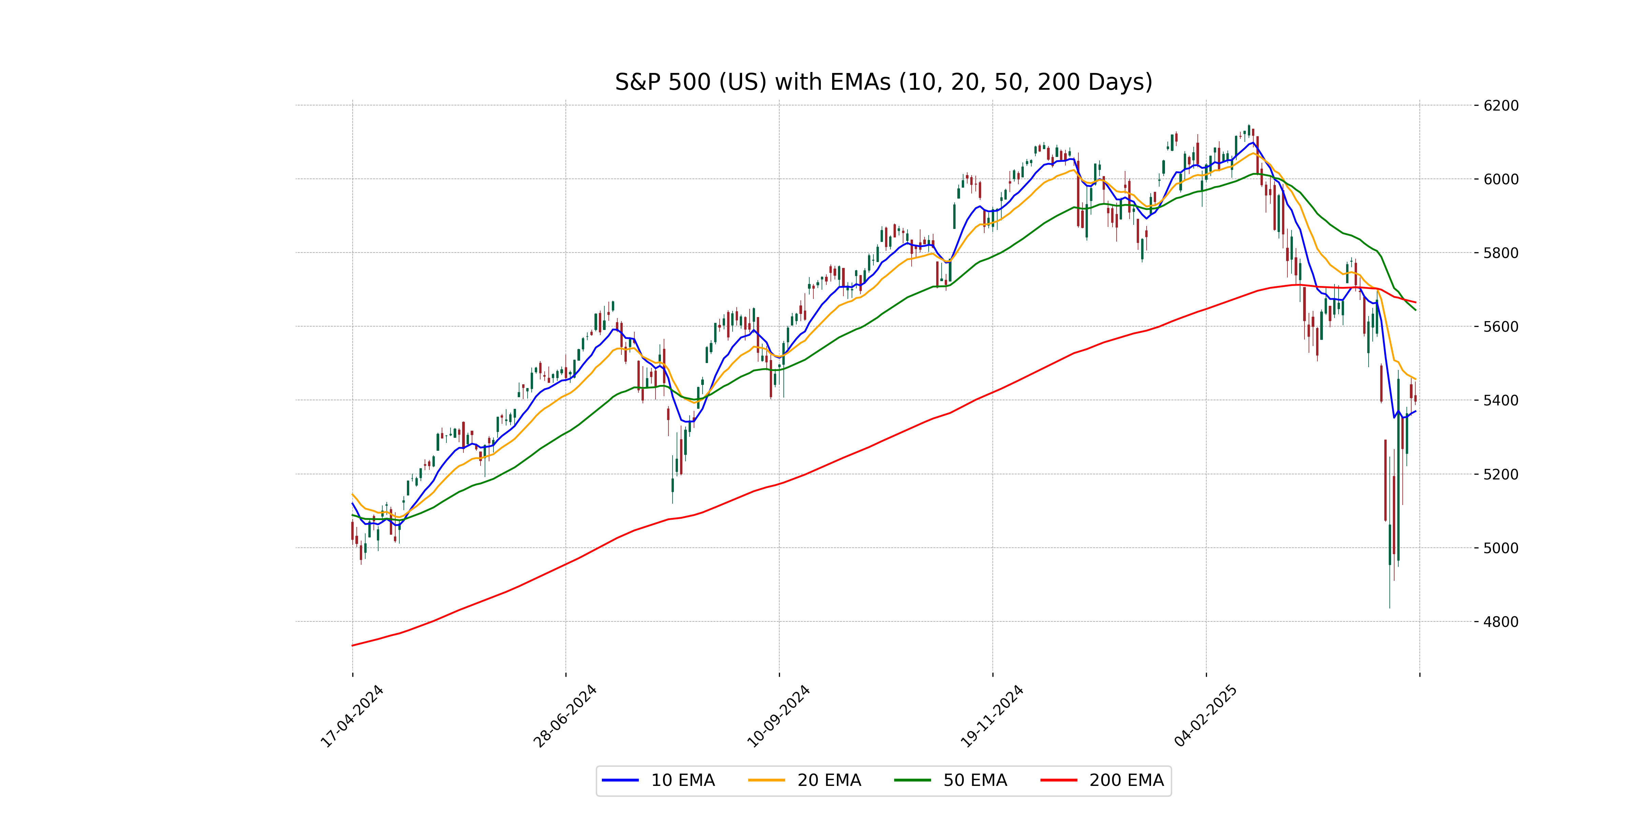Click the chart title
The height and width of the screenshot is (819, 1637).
883,82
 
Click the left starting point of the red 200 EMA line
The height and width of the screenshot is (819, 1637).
353,645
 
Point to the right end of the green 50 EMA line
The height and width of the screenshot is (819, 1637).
1415,310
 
